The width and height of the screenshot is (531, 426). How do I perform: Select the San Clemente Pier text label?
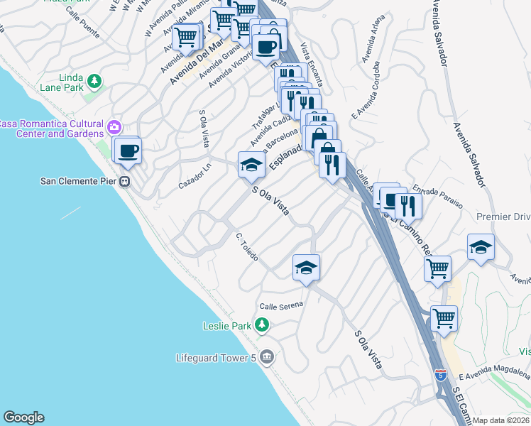point(78,181)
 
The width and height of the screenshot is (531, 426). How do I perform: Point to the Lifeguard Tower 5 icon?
point(267,357)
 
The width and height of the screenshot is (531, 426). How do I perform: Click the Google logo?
point(23,418)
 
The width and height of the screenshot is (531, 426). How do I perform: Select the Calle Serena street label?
point(281,305)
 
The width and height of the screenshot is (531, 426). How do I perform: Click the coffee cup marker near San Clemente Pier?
point(128,151)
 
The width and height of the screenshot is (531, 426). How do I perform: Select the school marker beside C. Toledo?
point(306,268)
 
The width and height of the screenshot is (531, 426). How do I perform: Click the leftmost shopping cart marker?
point(185,36)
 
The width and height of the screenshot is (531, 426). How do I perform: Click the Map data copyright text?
point(500,420)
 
